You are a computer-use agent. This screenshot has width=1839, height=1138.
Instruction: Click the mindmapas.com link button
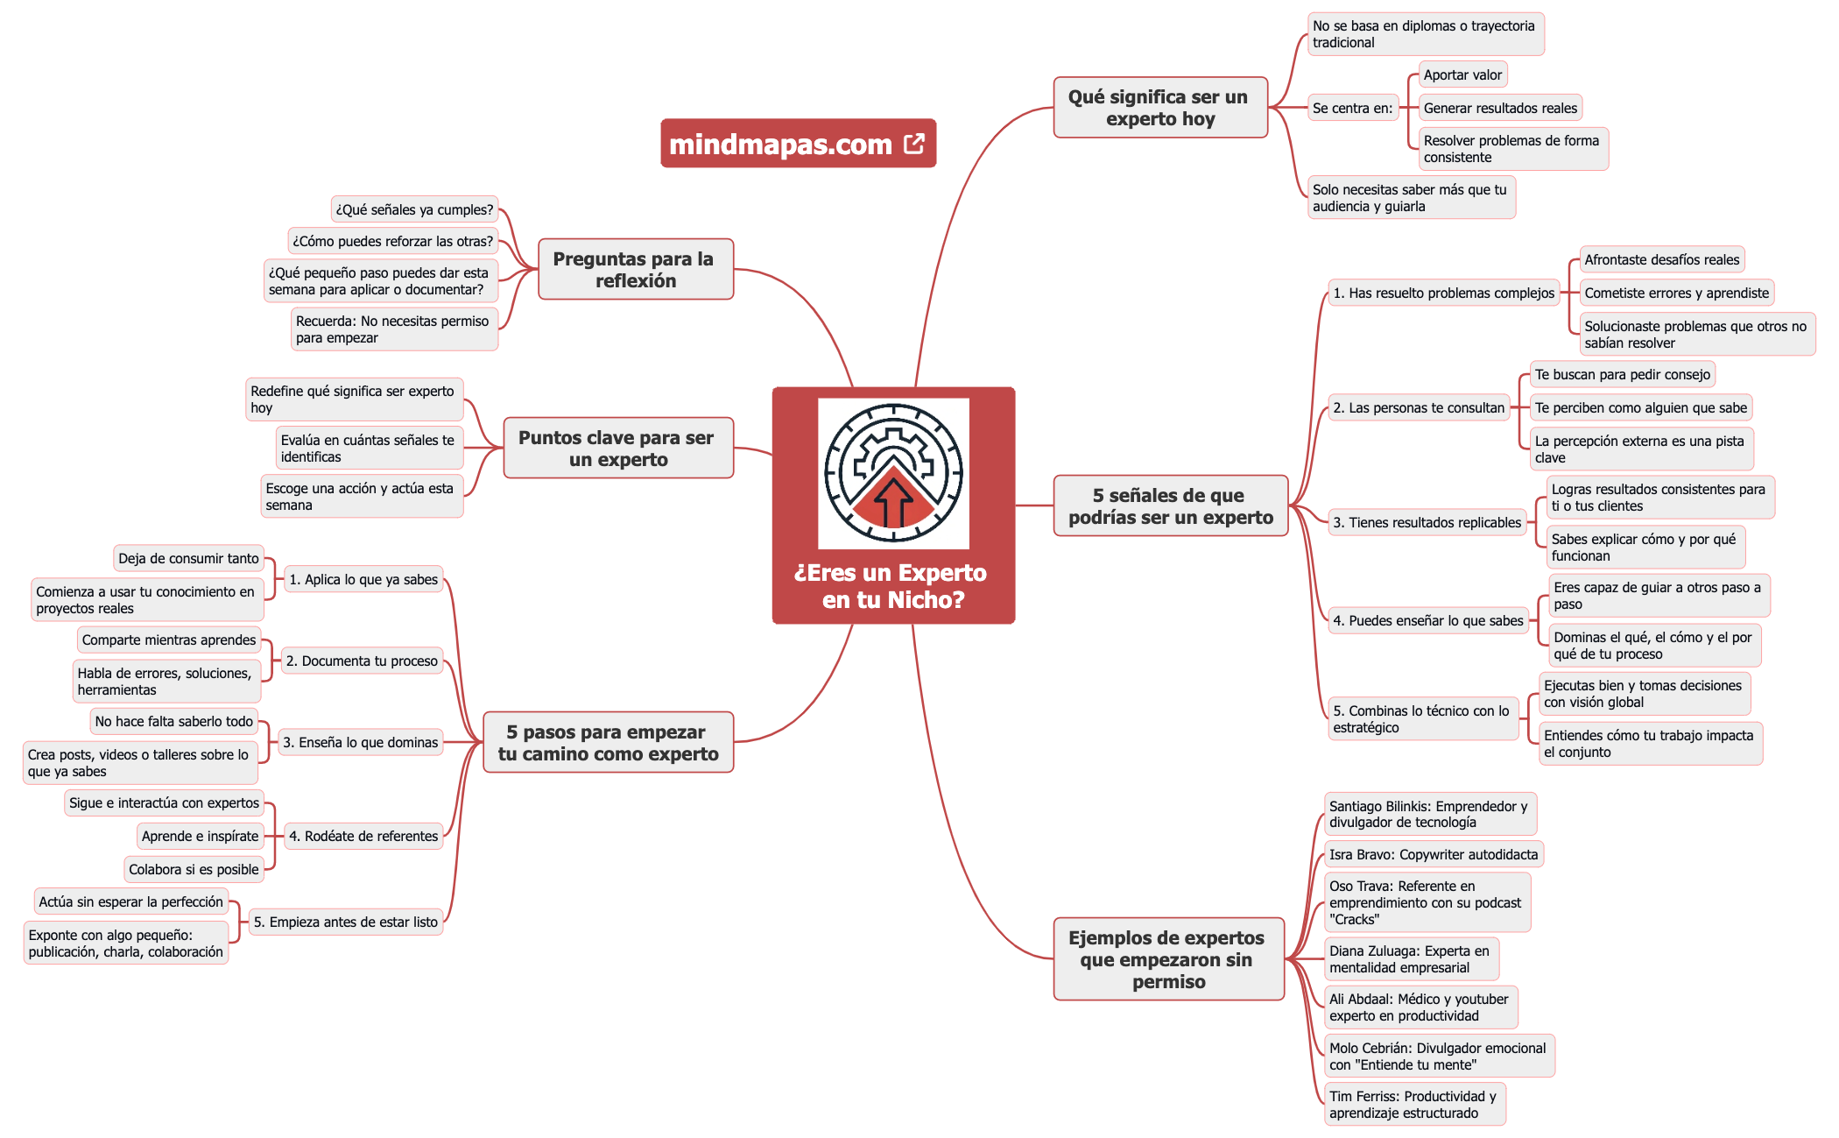click(x=780, y=144)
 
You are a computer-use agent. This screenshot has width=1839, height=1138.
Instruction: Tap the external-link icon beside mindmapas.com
click(x=914, y=144)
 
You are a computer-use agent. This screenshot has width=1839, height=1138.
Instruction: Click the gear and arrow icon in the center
click(x=893, y=473)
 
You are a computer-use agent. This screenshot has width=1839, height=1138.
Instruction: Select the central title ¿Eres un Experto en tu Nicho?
click(x=891, y=586)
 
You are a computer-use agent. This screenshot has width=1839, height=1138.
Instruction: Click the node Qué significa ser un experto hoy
click(x=1159, y=108)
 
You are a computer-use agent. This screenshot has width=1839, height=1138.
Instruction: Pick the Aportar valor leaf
click(x=1462, y=75)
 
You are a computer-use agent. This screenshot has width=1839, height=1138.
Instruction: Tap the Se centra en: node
click(x=1352, y=109)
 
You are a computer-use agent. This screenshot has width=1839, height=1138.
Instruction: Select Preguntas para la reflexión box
click(x=635, y=270)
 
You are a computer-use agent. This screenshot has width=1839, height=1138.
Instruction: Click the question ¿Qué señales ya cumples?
click(x=414, y=210)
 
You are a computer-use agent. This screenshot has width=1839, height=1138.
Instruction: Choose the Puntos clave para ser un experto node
click(x=617, y=449)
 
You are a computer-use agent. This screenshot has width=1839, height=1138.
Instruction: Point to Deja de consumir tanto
click(x=188, y=559)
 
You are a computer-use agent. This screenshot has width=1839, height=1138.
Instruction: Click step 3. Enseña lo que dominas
click(x=360, y=743)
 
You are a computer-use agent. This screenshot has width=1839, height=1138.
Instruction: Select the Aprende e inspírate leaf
click(x=200, y=837)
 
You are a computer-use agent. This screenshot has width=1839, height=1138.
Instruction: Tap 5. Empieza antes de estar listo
click(x=345, y=922)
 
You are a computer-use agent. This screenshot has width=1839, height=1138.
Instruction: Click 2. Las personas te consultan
click(x=1418, y=408)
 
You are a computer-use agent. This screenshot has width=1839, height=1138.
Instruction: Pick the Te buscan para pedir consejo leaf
click(x=1622, y=375)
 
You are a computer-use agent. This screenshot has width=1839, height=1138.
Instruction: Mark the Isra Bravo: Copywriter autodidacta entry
click(x=1433, y=855)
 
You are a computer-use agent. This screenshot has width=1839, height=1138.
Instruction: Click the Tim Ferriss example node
click(x=1413, y=1105)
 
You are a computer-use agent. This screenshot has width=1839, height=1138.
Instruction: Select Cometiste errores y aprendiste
click(x=1676, y=293)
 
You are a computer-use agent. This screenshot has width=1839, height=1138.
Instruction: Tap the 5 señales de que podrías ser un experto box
click(x=1170, y=506)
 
